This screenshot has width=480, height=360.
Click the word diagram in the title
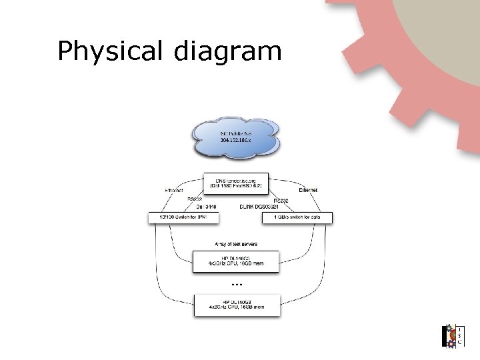[229, 51]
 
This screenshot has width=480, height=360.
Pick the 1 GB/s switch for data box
[294, 217]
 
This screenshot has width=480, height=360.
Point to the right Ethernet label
[307, 191]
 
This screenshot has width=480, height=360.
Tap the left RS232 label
[195, 199]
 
